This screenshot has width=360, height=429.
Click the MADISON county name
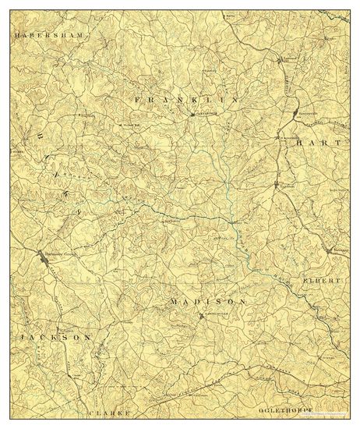208,300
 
